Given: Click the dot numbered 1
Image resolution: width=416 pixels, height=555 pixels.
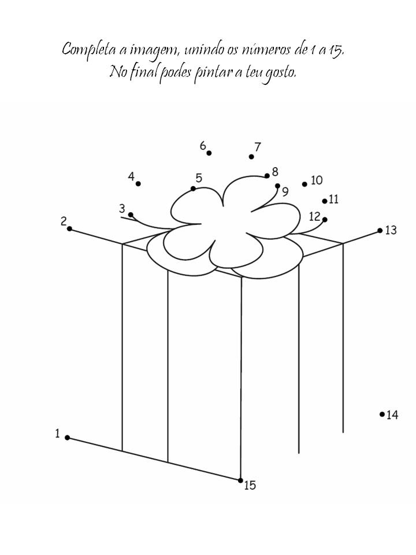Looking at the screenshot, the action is pyautogui.click(x=67, y=438).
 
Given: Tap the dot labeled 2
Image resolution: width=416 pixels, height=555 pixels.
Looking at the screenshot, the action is pyautogui.click(x=69, y=229).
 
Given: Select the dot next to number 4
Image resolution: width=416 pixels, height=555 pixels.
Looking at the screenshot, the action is pyautogui.click(x=139, y=184).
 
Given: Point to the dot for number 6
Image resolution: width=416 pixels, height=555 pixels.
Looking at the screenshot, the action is pyautogui.click(x=209, y=153).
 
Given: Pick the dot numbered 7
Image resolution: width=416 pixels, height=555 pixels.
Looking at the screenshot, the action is pyautogui.click(x=251, y=157).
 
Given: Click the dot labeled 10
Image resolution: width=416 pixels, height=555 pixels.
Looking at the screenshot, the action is pyautogui.click(x=304, y=184).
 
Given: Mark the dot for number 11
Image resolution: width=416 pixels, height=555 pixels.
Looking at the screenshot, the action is pyautogui.click(x=325, y=201).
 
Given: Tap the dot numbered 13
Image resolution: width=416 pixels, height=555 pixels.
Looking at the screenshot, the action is pyautogui.click(x=380, y=230).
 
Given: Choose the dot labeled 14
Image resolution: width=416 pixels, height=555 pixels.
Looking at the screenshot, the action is pyautogui.click(x=382, y=414).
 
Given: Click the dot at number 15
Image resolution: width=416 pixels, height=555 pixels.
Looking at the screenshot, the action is pyautogui.click(x=241, y=480).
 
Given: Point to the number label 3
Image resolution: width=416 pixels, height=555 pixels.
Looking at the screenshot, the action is pyautogui.click(x=122, y=208).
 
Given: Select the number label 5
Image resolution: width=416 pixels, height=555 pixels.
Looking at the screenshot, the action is pyautogui.click(x=199, y=178).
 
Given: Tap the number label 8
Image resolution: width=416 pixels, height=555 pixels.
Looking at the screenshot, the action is pyautogui.click(x=274, y=172).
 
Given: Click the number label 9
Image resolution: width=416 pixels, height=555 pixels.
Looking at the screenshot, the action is pyautogui.click(x=285, y=191).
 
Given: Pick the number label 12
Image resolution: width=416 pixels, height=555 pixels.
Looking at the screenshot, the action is pyautogui.click(x=314, y=217).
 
